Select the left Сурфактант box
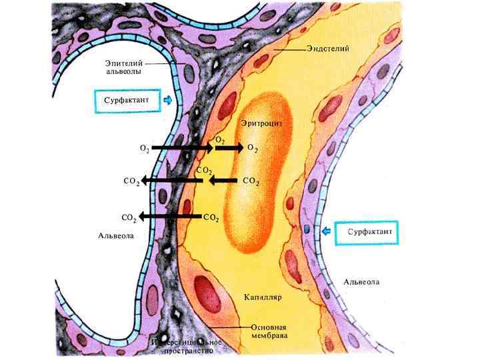pos(127,101)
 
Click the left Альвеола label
pos(116,235)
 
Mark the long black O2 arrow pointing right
pos(181,147)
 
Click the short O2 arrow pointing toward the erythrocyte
pos(230,147)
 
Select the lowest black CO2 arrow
pos(171,217)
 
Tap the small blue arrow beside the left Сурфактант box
pos(167,101)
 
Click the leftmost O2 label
pos(144,147)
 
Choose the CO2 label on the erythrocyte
pos(251,181)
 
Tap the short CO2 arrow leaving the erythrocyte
pos(223,180)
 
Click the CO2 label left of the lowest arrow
pos(130,217)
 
